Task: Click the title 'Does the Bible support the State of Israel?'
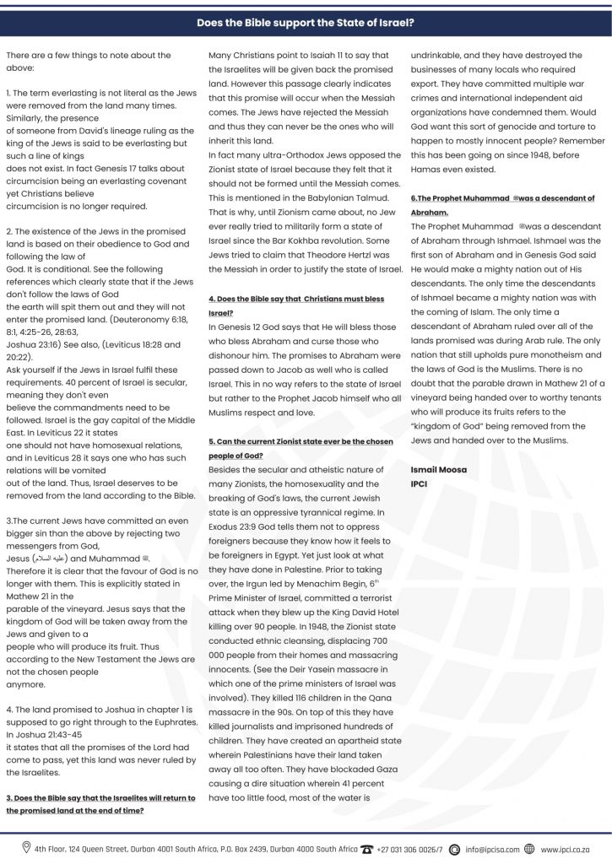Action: (x=306, y=24)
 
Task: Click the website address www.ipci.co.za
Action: (x=566, y=848)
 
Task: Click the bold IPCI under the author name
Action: (x=420, y=484)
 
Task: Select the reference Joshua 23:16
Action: (x=34, y=344)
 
